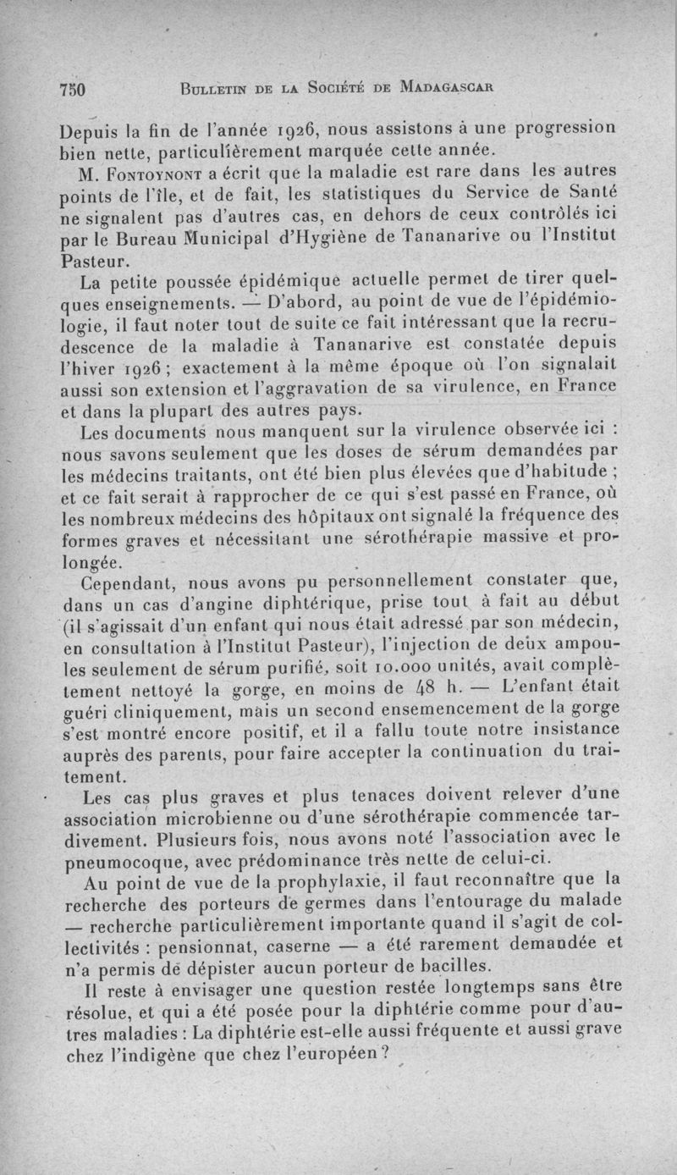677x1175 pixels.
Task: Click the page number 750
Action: coord(75,88)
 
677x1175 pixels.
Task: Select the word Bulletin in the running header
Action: coord(209,87)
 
